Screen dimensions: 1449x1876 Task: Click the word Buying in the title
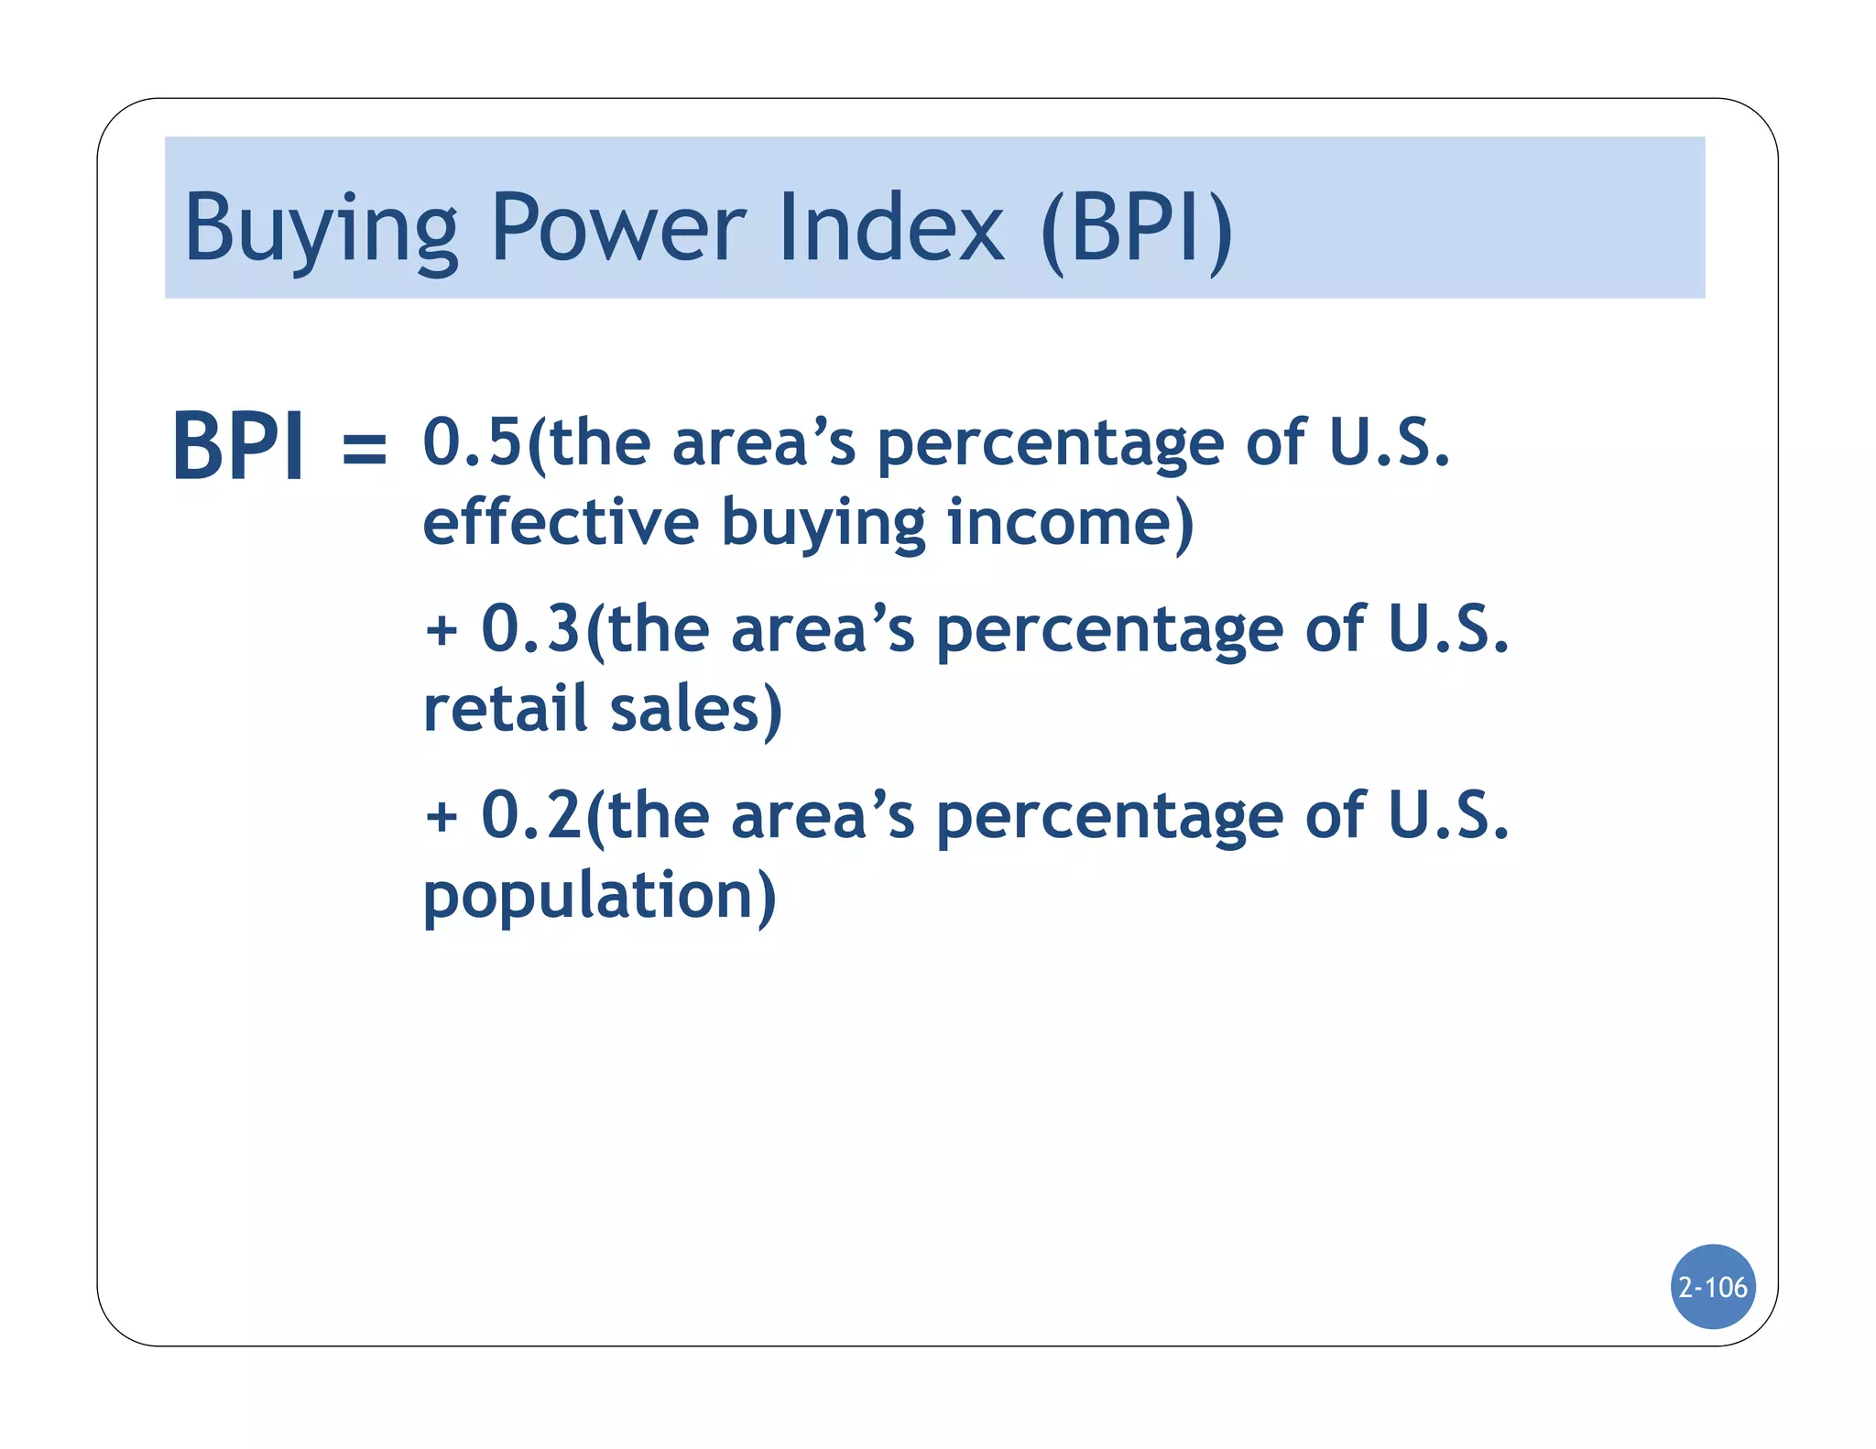(x=321, y=228)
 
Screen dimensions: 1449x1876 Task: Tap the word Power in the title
(x=618, y=228)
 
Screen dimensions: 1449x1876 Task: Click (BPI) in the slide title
(x=1137, y=228)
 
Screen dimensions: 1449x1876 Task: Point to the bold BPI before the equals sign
(x=238, y=447)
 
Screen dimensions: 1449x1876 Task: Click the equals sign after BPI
(x=364, y=449)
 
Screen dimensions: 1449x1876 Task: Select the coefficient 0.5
(x=472, y=442)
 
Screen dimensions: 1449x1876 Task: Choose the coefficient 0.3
(x=530, y=629)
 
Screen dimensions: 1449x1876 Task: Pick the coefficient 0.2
(x=530, y=815)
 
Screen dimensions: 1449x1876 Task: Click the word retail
(x=505, y=709)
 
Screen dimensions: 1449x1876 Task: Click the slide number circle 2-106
(x=1713, y=1287)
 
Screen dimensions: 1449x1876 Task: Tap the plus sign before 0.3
(x=442, y=631)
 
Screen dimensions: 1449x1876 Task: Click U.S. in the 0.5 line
(x=1389, y=442)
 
